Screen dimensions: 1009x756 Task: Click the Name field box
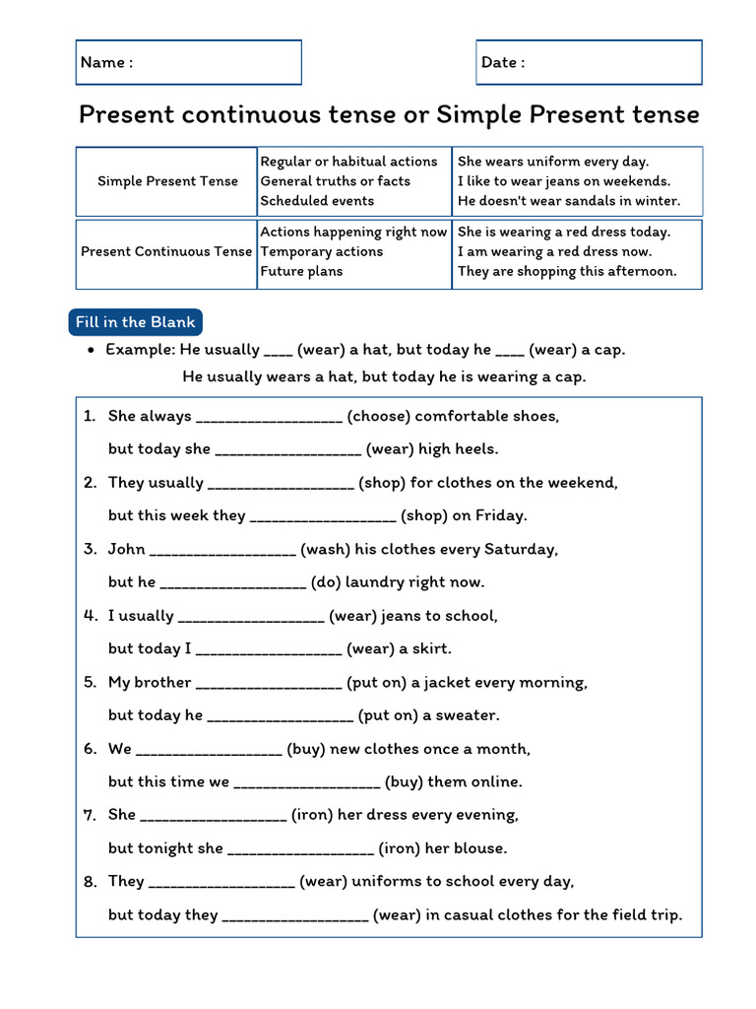pyautogui.click(x=188, y=62)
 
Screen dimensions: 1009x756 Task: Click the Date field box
pyautogui.click(x=589, y=62)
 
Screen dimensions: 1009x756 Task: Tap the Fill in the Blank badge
pyautogui.click(x=136, y=322)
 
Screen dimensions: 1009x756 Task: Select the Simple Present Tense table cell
pyautogui.click(x=167, y=181)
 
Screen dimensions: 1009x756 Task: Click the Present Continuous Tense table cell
pyautogui.click(x=166, y=252)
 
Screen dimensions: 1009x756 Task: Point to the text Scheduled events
pyautogui.click(x=317, y=201)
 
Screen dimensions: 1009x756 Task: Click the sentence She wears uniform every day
pyautogui.click(x=553, y=162)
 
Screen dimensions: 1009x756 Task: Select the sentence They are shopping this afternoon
pyautogui.click(x=567, y=272)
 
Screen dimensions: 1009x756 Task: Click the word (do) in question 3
pyautogui.click(x=326, y=582)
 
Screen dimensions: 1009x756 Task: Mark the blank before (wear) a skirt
pyautogui.click(x=269, y=649)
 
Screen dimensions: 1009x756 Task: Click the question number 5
pyautogui.click(x=90, y=682)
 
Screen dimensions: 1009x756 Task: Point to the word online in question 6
pyautogui.click(x=496, y=781)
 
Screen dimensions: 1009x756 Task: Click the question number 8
pyautogui.click(x=90, y=882)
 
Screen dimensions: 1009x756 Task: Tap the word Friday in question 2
pyautogui.click(x=500, y=515)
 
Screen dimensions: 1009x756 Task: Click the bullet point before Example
pyautogui.click(x=91, y=351)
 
